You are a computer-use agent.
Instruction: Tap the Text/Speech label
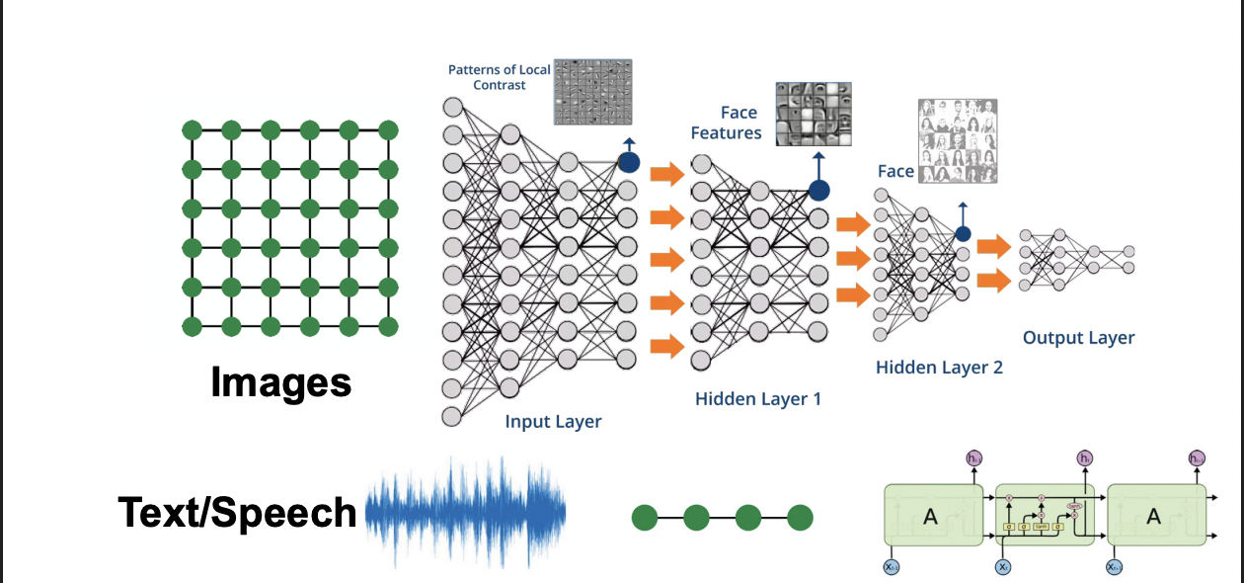(237, 513)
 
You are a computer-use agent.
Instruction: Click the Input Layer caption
(553, 421)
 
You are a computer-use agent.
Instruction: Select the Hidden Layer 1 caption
(757, 399)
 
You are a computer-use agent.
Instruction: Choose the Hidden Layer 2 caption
(939, 368)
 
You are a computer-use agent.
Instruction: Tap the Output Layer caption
(1078, 338)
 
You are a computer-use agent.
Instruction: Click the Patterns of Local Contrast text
(501, 77)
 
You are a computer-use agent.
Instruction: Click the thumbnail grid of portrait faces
(957, 140)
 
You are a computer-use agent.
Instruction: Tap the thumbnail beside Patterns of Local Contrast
(592, 91)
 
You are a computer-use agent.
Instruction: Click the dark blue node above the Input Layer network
(628, 163)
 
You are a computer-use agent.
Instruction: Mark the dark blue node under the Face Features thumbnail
(818, 190)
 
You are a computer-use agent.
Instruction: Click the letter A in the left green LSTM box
(929, 515)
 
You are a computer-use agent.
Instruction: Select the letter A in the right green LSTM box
(1152, 515)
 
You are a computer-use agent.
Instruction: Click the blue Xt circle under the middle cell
(1003, 567)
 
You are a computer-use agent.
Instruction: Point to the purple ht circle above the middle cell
(1085, 458)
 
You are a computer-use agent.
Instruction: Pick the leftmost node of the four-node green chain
(645, 516)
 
